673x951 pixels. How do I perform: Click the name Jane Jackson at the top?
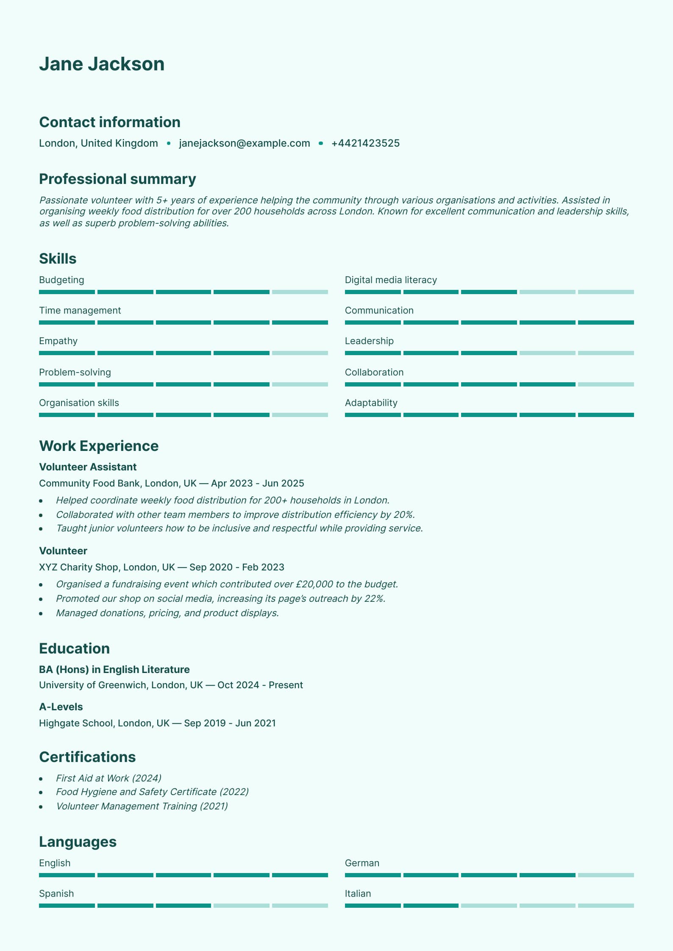[x=102, y=64]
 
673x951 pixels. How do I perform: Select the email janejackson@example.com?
[x=244, y=143]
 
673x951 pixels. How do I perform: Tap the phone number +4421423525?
[x=365, y=143]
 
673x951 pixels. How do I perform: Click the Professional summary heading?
[x=117, y=179]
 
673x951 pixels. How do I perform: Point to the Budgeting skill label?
[x=61, y=280]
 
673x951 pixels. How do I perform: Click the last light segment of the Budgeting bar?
[x=300, y=292]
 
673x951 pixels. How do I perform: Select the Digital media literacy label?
[x=391, y=280]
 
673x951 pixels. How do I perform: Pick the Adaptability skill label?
[x=371, y=403]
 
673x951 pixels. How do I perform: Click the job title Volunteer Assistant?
[x=88, y=467]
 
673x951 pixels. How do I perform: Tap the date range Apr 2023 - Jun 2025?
[x=258, y=483]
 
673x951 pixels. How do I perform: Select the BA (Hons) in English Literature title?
[x=114, y=669]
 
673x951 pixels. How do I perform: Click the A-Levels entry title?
[x=61, y=706]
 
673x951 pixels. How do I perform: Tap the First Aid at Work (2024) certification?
[x=108, y=778]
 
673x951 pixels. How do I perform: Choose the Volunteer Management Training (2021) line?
[x=142, y=806]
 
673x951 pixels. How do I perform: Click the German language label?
[x=362, y=863]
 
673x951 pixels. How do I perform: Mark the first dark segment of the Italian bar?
[x=373, y=906]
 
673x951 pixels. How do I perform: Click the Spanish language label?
[x=56, y=893]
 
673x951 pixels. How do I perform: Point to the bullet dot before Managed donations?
[x=41, y=613]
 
